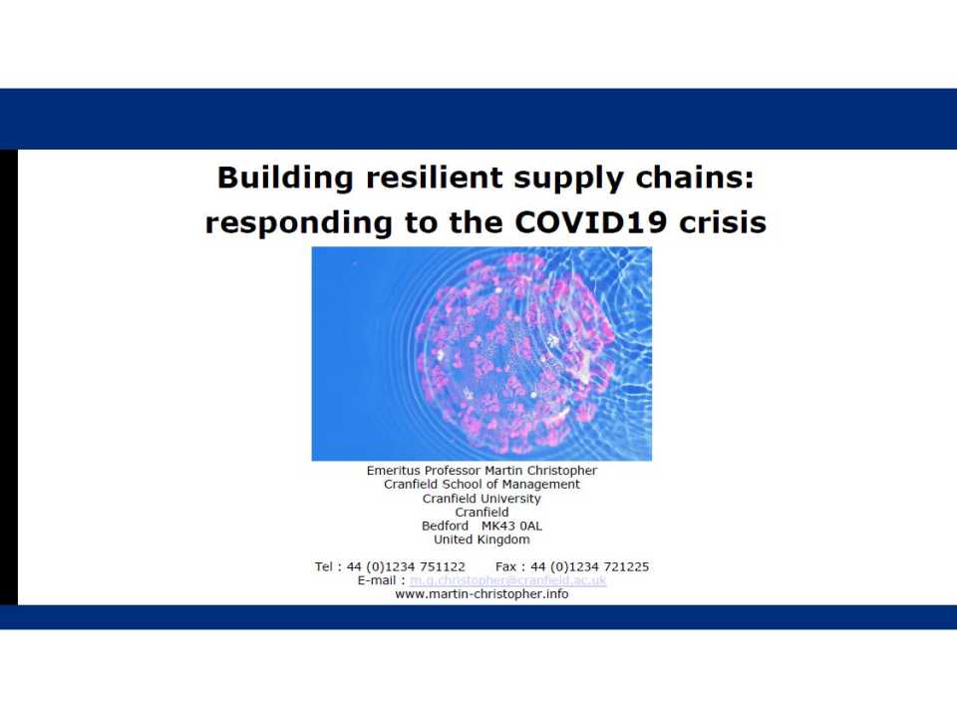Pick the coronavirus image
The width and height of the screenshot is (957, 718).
[481, 354]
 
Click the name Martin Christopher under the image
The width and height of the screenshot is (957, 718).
[547, 471]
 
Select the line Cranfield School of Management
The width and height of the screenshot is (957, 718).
[481, 485]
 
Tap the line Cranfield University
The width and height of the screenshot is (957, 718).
[481, 499]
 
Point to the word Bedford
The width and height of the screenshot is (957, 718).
[445, 526]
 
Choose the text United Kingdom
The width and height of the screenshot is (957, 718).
[481, 539]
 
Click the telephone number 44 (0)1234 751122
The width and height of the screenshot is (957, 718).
[406, 566]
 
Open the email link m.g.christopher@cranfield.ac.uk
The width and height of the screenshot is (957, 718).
[508, 580]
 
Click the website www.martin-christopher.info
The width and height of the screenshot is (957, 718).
[481, 594]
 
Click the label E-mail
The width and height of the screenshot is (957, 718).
[379, 580]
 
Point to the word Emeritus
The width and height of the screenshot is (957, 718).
[396, 471]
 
